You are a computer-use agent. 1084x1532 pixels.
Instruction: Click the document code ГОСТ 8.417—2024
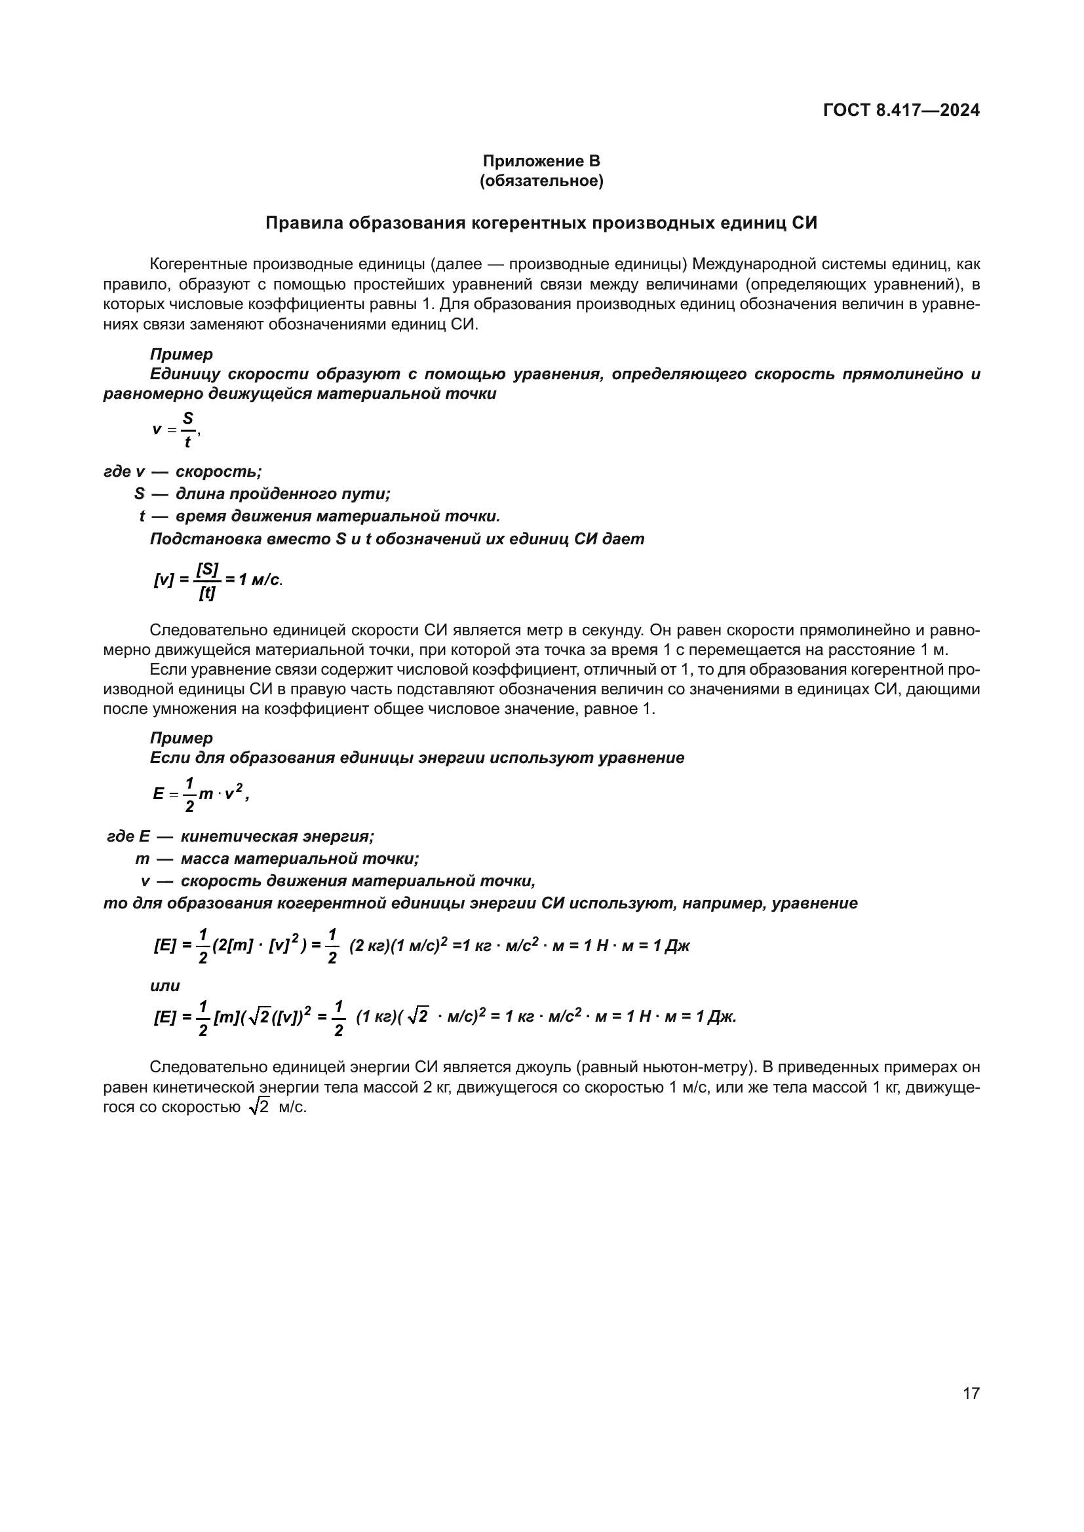click(901, 110)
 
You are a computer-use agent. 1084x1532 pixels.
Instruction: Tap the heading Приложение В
click(541, 161)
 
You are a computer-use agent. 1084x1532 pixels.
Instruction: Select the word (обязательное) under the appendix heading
click(541, 181)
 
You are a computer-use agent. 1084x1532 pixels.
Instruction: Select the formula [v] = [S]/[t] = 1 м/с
click(218, 580)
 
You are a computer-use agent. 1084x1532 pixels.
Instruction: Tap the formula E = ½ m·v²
click(201, 794)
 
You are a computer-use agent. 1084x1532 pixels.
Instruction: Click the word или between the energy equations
click(165, 986)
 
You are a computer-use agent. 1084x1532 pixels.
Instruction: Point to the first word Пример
click(181, 354)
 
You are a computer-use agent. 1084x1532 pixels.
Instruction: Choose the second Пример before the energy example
click(181, 738)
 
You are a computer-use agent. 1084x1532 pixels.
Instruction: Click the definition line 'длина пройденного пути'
click(282, 494)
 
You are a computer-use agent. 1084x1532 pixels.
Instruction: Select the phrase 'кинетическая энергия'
click(277, 836)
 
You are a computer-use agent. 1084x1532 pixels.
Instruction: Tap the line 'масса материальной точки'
click(299, 859)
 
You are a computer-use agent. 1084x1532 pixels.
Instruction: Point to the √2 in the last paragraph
click(258, 1107)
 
